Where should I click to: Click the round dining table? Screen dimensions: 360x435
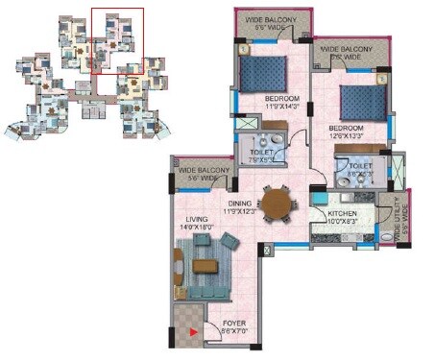pyautogui.click(x=279, y=204)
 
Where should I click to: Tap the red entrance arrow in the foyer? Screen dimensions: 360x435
pyautogui.click(x=196, y=332)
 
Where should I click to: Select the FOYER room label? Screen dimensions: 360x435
pyautogui.click(x=234, y=323)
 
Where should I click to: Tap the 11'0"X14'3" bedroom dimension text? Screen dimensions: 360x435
pyautogui.click(x=282, y=108)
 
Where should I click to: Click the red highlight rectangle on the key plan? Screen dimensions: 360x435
pyautogui.click(x=117, y=41)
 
